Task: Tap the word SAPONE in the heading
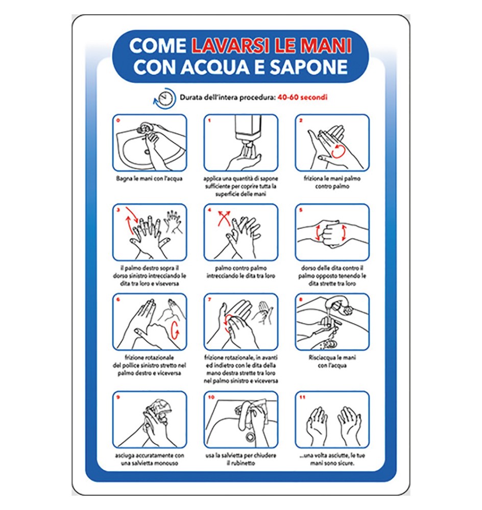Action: [x=316, y=67]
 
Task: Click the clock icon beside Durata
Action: [x=165, y=98]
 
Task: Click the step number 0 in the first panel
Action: [x=118, y=121]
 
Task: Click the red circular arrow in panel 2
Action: [x=339, y=150]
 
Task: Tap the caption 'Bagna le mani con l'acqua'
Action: [x=149, y=179]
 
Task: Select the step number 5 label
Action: [x=301, y=210]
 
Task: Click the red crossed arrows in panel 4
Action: [x=223, y=218]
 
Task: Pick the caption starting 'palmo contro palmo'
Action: [x=240, y=272]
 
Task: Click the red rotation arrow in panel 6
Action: [x=175, y=330]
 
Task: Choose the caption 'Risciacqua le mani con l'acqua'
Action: [x=332, y=361]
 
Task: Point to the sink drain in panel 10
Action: [x=250, y=437]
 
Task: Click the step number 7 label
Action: [x=210, y=300]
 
